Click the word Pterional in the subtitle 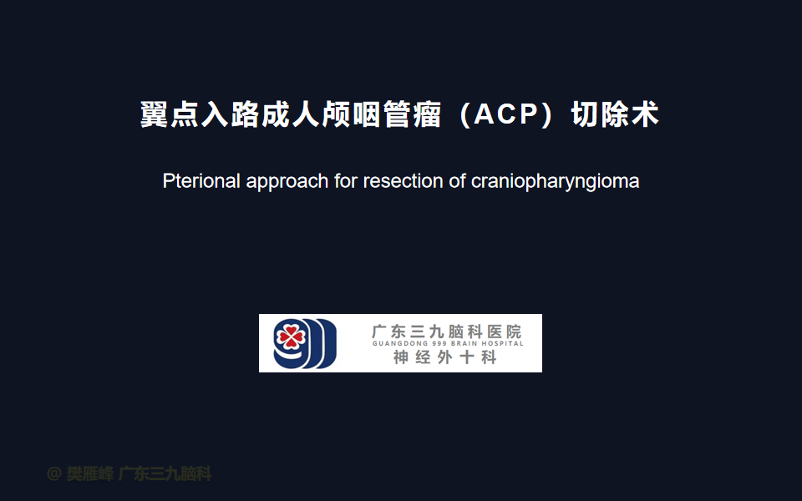pyautogui.click(x=201, y=181)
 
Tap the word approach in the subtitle pyautogui.click(x=287, y=183)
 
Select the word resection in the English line pyautogui.click(x=403, y=181)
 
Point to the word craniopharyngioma pyautogui.click(x=555, y=183)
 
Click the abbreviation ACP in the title pyautogui.click(x=506, y=114)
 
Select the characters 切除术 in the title pyautogui.click(x=615, y=114)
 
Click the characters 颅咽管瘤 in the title pyautogui.click(x=381, y=114)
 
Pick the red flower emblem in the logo pyautogui.click(x=291, y=336)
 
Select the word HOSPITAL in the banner pyautogui.click(x=502, y=343)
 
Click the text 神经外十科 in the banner pyautogui.click(x=445, y=357)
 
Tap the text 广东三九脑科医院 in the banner pyautogui.click(x=446, y=331)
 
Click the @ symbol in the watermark pyautogui.click(x=54, y=474)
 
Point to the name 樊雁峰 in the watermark pyautogui.click(x=90, y=474)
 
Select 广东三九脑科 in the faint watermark pyautogui.click(x=165, y=474)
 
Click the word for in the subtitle pyautogui.click(x=346, y=181)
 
